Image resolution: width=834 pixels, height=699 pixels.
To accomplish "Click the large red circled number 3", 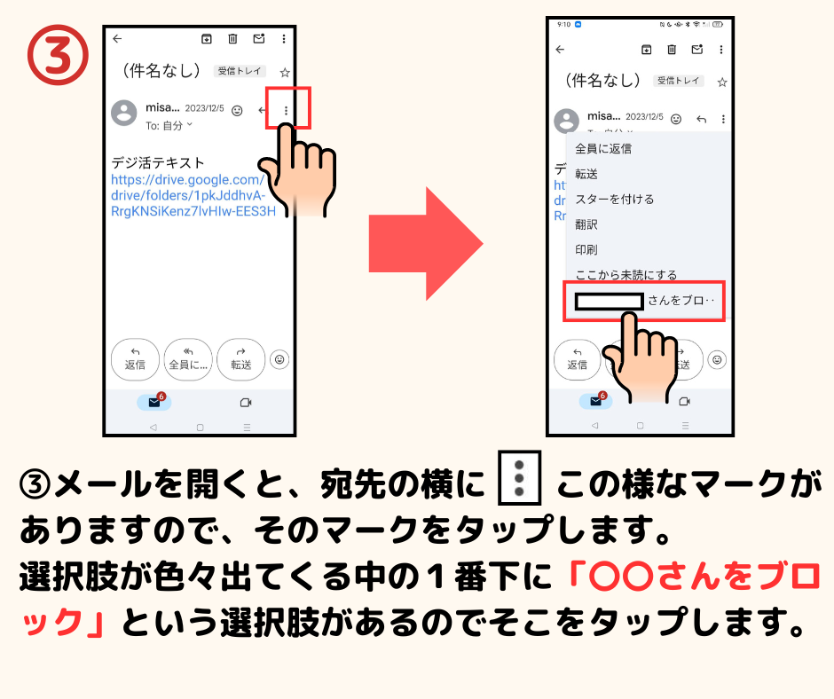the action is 58,55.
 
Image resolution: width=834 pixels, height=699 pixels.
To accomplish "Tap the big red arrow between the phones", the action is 426,244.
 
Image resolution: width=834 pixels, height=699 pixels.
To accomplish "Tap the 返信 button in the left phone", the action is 135,359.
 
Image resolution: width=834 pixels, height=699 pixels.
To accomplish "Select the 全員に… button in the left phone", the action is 188,359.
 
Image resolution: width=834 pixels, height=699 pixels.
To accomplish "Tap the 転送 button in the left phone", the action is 241,359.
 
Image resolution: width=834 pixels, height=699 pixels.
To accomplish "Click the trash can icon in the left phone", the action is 232,39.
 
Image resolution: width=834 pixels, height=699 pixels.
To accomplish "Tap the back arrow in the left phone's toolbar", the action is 117,39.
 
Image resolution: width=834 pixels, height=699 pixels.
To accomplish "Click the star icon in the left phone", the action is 285,73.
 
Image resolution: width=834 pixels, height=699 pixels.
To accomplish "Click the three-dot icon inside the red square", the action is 287,111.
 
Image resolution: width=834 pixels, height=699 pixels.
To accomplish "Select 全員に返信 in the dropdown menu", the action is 603,148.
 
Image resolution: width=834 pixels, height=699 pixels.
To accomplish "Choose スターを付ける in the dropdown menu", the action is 614,199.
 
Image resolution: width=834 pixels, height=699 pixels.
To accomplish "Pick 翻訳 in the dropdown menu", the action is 586,224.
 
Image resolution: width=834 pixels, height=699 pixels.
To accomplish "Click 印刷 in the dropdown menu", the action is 586,249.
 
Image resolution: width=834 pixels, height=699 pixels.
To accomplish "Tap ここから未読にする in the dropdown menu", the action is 626,274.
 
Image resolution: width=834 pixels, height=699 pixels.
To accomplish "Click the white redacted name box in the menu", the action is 609,302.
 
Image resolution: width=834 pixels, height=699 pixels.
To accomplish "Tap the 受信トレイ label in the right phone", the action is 678,81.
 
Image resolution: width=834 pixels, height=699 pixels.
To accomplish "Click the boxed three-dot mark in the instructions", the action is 519,478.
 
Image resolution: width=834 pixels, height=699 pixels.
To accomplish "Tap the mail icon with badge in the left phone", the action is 154,402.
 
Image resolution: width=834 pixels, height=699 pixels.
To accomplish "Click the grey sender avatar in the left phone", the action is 124,113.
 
